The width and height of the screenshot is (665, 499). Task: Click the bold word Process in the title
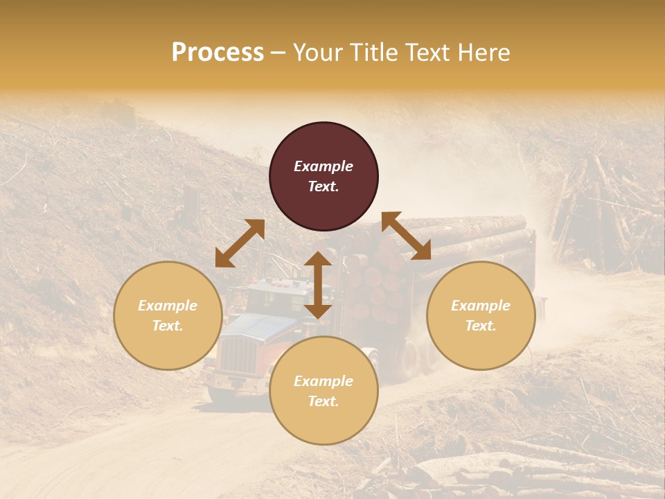tap(218, 53)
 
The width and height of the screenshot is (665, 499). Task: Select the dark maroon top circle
tap(323, 176)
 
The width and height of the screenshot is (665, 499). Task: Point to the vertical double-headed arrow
tap(318, 285)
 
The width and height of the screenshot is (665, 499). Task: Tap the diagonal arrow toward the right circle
tap(407, 236)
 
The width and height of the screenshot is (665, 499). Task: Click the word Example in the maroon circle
tap(323, 166)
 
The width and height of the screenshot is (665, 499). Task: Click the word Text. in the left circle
tap(168, 326)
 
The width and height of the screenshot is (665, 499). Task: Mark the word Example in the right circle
tap(481, 306)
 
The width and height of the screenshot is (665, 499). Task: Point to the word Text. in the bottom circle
tap(323, 401)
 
